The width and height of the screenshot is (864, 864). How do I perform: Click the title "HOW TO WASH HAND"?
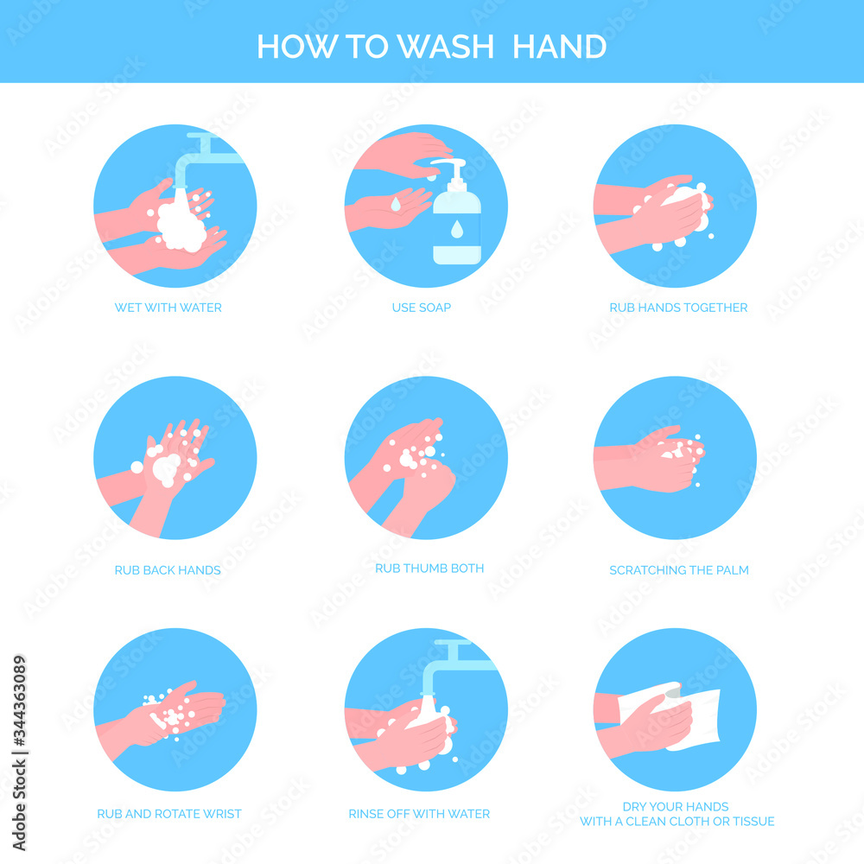[431, 47]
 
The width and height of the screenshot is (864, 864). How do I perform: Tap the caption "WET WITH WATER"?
[168, 308]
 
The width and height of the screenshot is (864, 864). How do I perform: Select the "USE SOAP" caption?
[422, 308]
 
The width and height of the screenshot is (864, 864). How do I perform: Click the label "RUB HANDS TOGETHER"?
[678, 308]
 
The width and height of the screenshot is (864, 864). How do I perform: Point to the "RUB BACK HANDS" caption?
[168, 570]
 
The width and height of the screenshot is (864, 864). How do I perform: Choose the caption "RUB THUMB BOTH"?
[429, 569]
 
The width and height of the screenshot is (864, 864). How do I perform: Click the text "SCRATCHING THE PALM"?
[679, 570]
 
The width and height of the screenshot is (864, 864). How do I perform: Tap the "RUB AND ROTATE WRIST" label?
[169, 814]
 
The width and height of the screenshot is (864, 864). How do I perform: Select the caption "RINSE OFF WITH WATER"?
[419, 814]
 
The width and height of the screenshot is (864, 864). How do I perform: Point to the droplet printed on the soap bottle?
[457, 229]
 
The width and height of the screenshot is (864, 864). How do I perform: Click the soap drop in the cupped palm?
[396, 204]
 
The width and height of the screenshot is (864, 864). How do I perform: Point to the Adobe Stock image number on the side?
[19, 753]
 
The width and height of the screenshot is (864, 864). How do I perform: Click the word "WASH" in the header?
[445, 47]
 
